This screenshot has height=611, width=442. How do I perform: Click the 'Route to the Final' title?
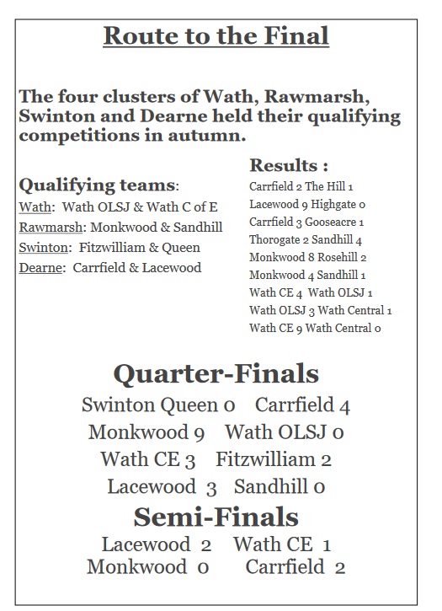[x=216, y=36]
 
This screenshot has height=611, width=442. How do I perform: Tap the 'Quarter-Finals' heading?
[x=216, y=373]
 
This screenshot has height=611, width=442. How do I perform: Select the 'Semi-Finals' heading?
[x=216, y=516]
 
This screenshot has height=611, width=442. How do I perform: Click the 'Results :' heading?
[x=289, y=165]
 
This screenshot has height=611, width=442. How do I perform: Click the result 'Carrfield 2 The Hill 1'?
[x=301, y=186]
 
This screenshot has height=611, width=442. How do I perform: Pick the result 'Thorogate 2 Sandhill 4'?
[x=305, y=240]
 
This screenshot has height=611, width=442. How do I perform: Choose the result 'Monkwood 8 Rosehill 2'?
[x=307, y=257]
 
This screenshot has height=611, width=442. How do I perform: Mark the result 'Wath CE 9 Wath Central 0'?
[x=315, y=328]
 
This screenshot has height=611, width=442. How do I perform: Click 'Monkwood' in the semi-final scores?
[x=136, y=566]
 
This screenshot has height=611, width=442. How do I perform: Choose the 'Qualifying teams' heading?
[x=97, y=185]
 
